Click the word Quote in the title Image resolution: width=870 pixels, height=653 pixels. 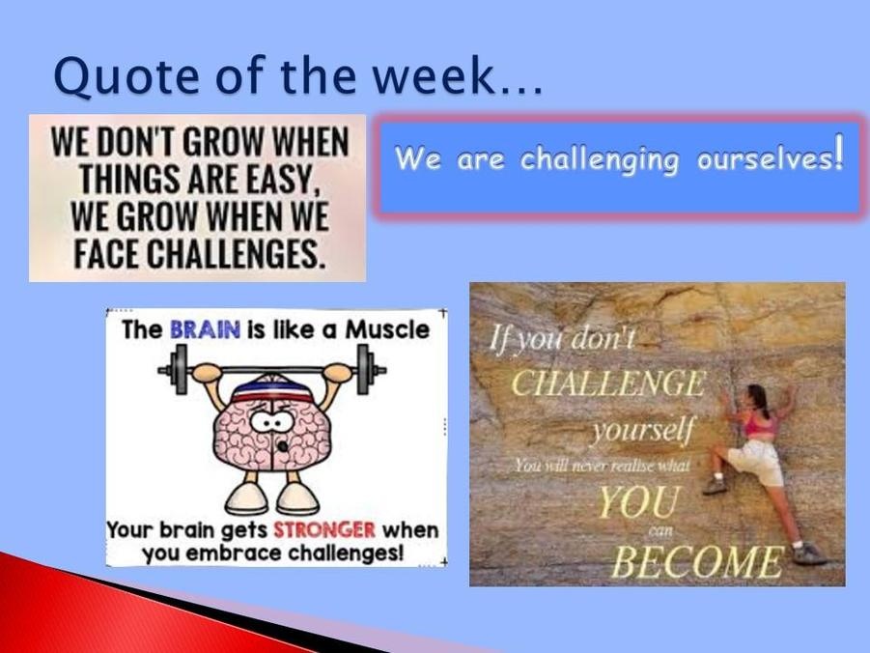(126, 76)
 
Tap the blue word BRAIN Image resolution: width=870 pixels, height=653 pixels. (206, 329)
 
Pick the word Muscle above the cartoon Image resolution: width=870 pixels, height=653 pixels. (387, 329)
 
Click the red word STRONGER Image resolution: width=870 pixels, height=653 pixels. (324, 529)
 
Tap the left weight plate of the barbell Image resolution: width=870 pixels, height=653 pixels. (178, 369)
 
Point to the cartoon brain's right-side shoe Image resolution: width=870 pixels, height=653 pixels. (298, 498)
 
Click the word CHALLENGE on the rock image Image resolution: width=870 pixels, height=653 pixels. (608, 383)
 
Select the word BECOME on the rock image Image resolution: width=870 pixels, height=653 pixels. (698, 561)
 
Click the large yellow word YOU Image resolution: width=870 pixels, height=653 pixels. (638, 502)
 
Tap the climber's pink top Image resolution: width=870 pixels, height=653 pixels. (758, 424)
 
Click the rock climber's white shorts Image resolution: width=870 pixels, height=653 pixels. (756, 462)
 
